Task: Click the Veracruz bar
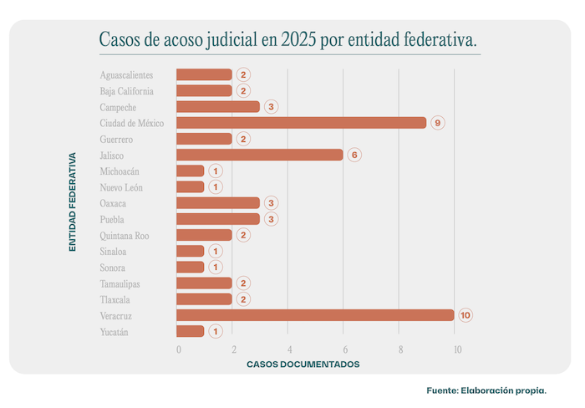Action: pos(316,315)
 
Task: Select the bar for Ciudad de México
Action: pos(302,123)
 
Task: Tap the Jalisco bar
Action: pos(260,155)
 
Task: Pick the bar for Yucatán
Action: pos(191,331)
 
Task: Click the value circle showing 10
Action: pos(465,315)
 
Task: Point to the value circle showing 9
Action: pos(438,123)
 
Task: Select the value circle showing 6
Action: pos(354,155)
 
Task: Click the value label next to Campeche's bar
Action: pos(271,107)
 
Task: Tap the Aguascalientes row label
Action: pos(126,75)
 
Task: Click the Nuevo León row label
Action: pos(121,187)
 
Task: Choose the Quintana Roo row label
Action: pos(125,236)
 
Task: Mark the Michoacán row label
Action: pos(120,171)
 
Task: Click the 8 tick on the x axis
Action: pos(400,349)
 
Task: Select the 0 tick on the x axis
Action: pos(178,349)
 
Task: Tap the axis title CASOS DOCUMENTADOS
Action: pos(303,365)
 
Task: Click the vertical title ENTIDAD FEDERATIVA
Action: pos(73,201)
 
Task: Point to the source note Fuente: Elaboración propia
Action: pos(486,390)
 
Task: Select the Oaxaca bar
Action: pos(219,203)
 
